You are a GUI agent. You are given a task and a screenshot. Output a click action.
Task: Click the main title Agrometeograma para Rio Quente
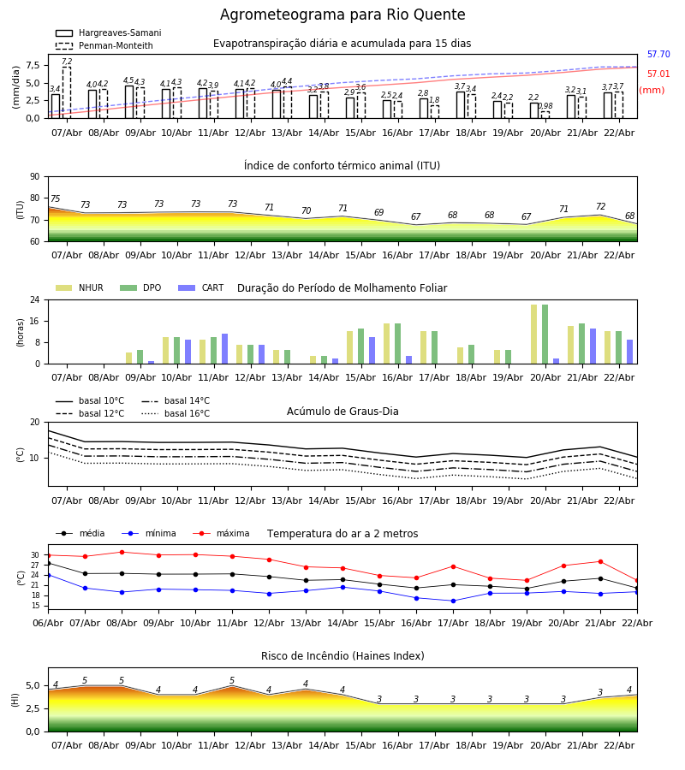pyautogui.click(x=342, y=15)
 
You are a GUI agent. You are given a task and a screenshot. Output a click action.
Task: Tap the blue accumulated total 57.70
pyautogui.click(x=658, y=55)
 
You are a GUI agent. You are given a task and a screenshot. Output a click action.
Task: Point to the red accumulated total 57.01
pyautogui.click(x=658, y=74)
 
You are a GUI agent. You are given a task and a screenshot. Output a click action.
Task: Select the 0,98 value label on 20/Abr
pyautogui.click(x=545, y=107)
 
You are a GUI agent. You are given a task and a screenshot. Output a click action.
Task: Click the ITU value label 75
pyautogui.click(x=55, y=199)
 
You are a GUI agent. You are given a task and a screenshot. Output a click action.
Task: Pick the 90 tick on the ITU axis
pyautogui.click(x=34, y=176)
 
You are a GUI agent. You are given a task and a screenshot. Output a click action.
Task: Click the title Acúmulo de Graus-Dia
pyautogui.click(x=342, y=412)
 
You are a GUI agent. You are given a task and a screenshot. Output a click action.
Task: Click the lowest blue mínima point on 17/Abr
pyautogui.click(x=453, y=601)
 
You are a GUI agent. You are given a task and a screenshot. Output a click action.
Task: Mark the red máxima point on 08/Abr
pyautogui.click(x=122, y=552)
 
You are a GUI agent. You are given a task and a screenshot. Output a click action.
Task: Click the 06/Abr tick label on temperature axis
pyautogui.click(x=48, y=623)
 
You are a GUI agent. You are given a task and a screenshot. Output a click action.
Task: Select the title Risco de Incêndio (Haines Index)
pyautogui.click(x=342, y=656)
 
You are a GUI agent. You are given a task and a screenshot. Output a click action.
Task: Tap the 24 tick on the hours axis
pyautogui.click(x=34, y=300)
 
